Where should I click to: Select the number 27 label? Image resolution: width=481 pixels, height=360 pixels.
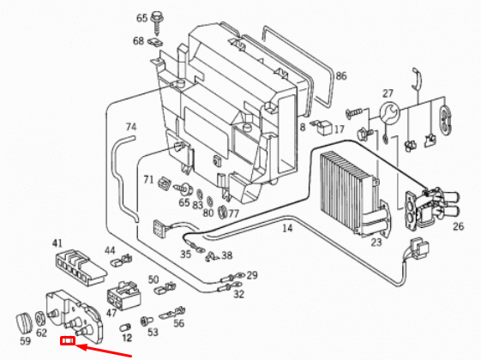click(x=388, y=93)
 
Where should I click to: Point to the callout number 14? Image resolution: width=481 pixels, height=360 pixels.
click(x=286, y=228)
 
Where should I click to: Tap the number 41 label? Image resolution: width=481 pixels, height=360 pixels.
click(x=57, y=243)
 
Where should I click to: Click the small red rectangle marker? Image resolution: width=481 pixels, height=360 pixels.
click(x=68, y=344)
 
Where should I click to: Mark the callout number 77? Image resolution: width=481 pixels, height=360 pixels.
click(x=232, y=213)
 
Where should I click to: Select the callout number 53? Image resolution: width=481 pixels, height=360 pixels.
click(x=153, y=332)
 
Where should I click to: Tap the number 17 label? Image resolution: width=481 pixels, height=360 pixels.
click(x=339, y=129)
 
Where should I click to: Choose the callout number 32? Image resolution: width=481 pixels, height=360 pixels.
click(x=238, y=294)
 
